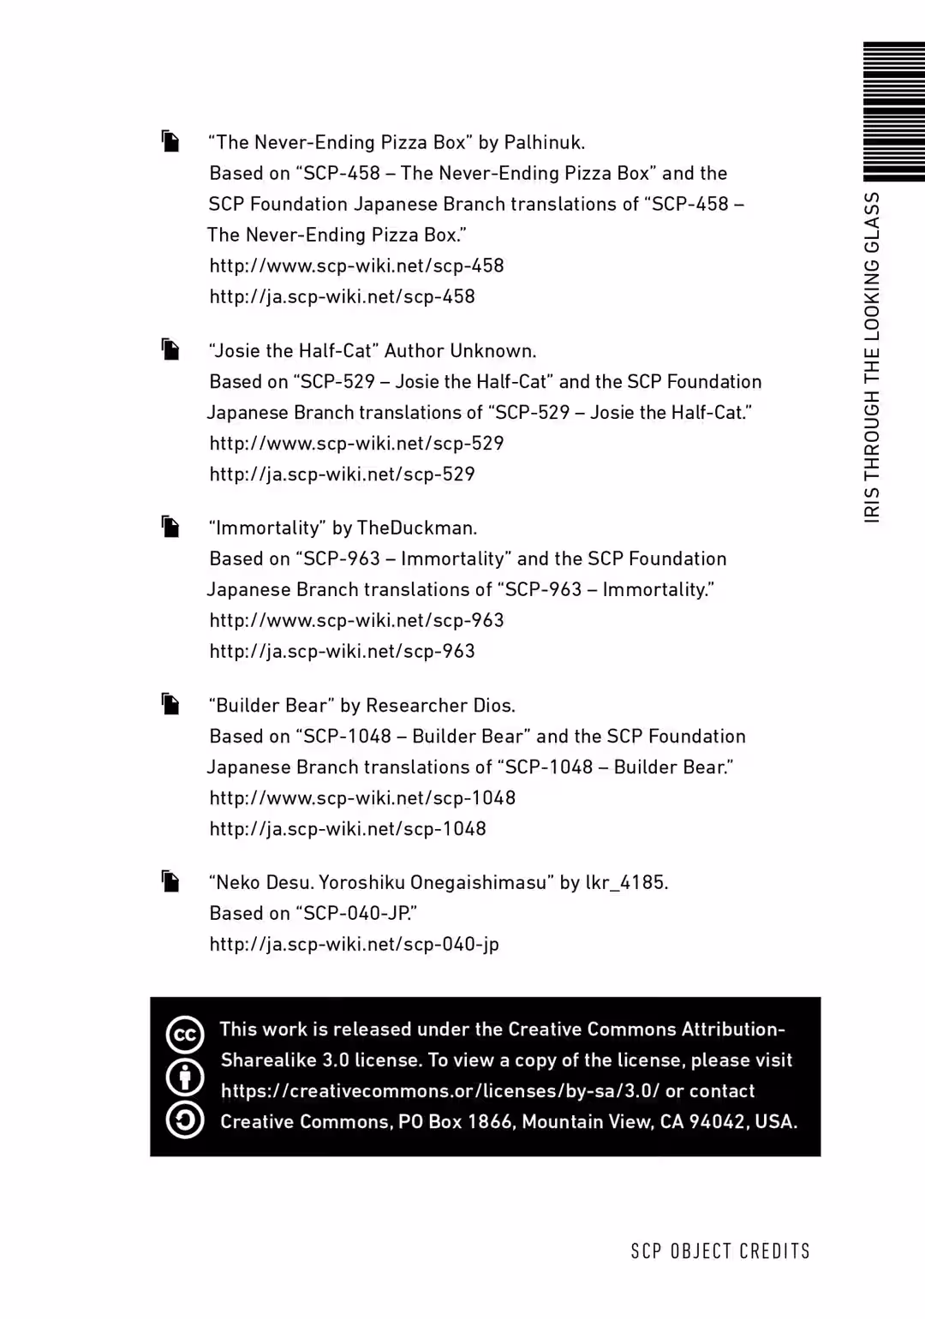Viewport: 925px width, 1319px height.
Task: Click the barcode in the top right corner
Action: (x=893, y=111)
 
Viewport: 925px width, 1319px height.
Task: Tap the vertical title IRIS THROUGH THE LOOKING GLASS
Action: (x=872, y=356)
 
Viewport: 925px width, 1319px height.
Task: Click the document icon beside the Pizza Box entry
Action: (x=171, y=141)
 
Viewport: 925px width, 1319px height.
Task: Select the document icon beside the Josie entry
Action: (x=171, y=349)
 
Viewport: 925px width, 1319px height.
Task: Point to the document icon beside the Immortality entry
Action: (x=171, y=527)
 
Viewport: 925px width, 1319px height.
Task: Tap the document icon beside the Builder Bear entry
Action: (x=171, y=704)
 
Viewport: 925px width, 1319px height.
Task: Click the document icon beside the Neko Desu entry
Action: (x=171, y=881)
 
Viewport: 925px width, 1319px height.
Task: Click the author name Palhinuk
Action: (x=544, y=142)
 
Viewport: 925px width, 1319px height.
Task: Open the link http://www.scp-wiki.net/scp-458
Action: (x=356, y=266)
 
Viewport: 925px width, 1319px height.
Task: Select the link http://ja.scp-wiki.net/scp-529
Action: (x=342, y=474)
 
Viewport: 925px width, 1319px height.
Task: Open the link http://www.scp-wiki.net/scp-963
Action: (x=356, y=620)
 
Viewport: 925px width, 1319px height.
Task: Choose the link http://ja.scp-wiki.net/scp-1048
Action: (x=348, y=828)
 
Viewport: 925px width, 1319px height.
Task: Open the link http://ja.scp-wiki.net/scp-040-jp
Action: (x=354, y=944)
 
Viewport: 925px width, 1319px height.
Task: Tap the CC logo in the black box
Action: (x=185, y=1034)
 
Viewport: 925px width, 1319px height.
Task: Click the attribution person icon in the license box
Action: (x=185, y=1077)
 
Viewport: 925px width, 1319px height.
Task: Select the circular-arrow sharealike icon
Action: (x=185, y=1119)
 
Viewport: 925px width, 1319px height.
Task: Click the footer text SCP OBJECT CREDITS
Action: (x=720, y=1251)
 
